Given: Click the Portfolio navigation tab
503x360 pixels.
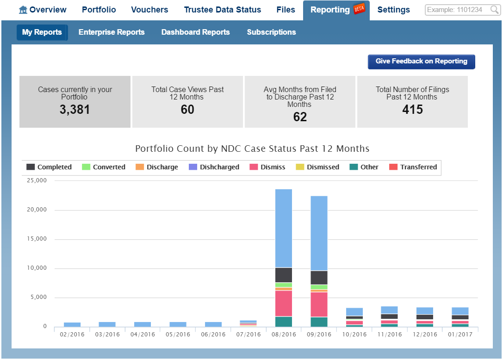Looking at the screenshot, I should tap(99, 10).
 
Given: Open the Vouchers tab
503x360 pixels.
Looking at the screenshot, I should tap(149, 10).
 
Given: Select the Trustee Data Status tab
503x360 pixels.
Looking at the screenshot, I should tap(222, 10).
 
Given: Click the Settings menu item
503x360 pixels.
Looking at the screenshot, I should tap(393, 10).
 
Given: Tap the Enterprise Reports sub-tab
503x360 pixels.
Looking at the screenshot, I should tap(112, 32).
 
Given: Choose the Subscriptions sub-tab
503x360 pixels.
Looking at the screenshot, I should tap(271, 32).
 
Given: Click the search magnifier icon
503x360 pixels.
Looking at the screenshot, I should tap(494, 10).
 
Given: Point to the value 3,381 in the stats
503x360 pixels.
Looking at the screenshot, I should tap(75, 110).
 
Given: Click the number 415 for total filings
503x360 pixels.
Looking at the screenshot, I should tap(412, 110).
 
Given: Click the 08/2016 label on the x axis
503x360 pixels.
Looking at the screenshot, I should tap(283, 335).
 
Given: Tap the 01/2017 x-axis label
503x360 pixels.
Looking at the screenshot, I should tap(460, 335).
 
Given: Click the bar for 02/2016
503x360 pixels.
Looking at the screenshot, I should tap(72, 324).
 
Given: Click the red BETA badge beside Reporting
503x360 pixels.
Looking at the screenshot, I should tap(359, 9).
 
